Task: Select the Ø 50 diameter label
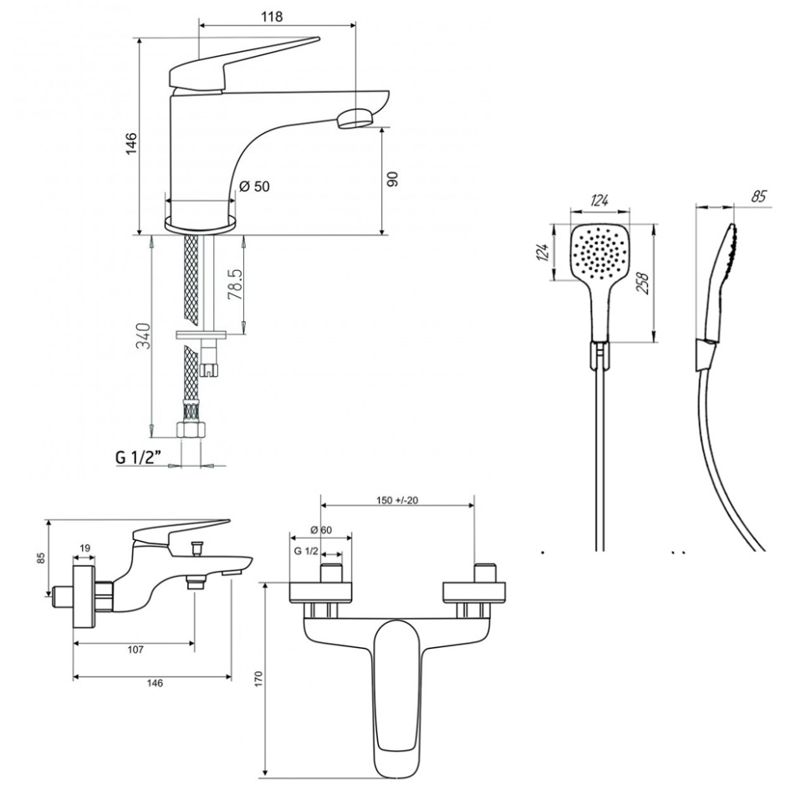click(254, 187)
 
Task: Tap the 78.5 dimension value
click(236, 284)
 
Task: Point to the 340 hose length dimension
click(143, 336)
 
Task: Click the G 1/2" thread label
click(138, 457)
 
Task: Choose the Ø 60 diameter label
click(321, 530)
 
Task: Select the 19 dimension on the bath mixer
click(85, 548)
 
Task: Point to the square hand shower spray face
click(597, 251)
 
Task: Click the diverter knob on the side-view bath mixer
click(198, 548)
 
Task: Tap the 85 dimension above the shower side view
click(759, 198)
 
